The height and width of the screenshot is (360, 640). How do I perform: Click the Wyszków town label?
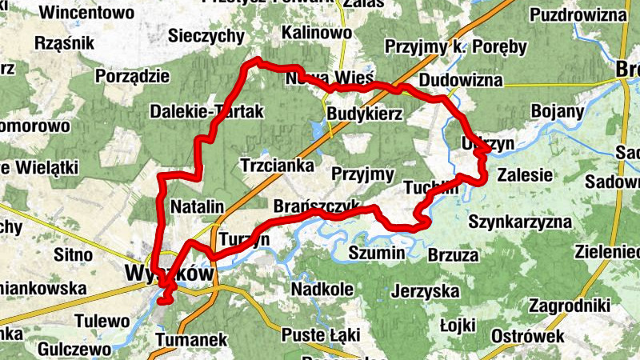click(170, 274)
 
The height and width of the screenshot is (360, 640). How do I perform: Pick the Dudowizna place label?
click(461, 80)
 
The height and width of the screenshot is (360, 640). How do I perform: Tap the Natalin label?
click(197, 206)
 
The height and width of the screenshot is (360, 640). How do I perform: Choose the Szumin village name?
click(377, 253)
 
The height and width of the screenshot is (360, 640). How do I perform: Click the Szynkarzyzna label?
click(520, 221)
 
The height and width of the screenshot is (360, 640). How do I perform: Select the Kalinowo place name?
click(316, 33)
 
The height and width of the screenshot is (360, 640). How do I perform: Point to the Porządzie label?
click(132, 76)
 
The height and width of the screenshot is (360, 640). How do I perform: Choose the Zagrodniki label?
click(570, 306)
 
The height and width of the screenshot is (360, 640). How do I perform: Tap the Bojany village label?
click(558, 111)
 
